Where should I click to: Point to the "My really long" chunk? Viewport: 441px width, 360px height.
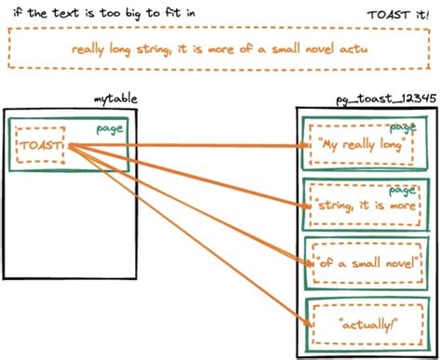tap(359, 145)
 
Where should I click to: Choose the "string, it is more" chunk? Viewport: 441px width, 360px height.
tap(359, 203)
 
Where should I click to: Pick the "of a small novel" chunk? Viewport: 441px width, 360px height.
tap(359, 261)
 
